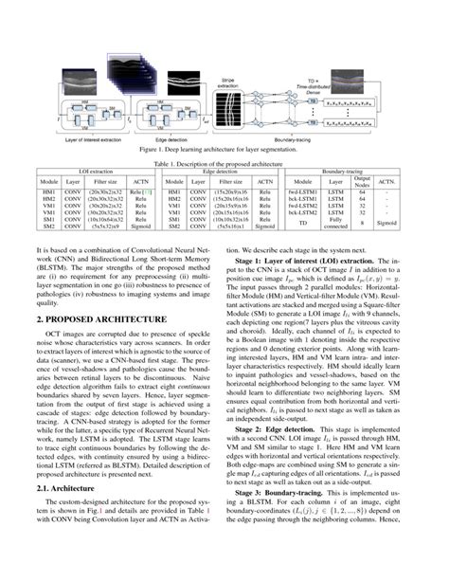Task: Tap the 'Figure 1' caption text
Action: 224,149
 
